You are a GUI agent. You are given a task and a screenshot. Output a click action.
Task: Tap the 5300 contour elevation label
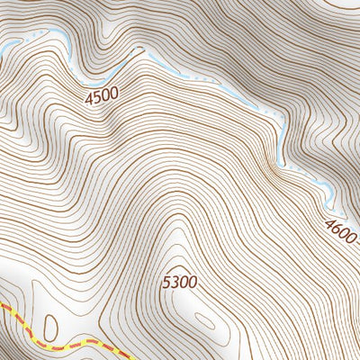tap(180, 283)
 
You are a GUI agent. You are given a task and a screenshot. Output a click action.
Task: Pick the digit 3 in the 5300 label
tap(175, 283)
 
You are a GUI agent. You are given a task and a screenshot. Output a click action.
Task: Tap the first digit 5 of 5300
tap(167, 283)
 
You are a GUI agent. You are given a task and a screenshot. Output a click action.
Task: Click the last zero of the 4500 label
tap(115, 94)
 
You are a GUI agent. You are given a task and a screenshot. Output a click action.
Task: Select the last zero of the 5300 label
tap(193, 283)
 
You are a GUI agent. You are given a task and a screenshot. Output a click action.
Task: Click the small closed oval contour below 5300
tap(205, 321)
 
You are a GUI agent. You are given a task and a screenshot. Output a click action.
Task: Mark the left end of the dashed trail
tap(2, 306)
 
